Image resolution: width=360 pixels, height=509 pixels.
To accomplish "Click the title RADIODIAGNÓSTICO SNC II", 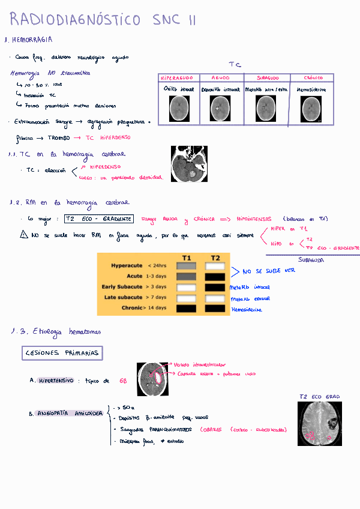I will (103, 20).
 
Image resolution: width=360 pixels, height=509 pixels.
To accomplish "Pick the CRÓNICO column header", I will (313, 78).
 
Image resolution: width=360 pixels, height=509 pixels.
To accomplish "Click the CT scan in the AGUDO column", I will (221, 109).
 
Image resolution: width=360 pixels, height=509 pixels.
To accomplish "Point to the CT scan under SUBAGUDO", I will (266, 109).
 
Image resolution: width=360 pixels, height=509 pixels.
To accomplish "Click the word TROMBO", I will (59, 137).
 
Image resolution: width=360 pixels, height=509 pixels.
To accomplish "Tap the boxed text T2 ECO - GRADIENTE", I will (98, 219).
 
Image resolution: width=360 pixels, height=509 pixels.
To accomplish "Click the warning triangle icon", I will (24, 235).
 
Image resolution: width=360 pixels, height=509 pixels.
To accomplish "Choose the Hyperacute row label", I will (127, 265).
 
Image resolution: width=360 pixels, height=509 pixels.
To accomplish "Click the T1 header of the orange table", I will (187, 258).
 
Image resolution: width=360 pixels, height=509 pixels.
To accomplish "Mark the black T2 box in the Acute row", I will (215, 276).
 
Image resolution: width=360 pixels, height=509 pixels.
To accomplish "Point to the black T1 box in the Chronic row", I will (187, 308).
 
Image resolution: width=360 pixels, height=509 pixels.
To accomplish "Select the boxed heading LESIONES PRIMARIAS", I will (62, 353).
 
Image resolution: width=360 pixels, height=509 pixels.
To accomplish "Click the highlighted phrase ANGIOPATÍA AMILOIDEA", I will (70, 414).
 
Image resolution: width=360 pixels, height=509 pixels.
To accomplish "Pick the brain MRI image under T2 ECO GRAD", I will (320, 424).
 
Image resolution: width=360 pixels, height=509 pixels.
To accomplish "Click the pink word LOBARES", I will (211, 429).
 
